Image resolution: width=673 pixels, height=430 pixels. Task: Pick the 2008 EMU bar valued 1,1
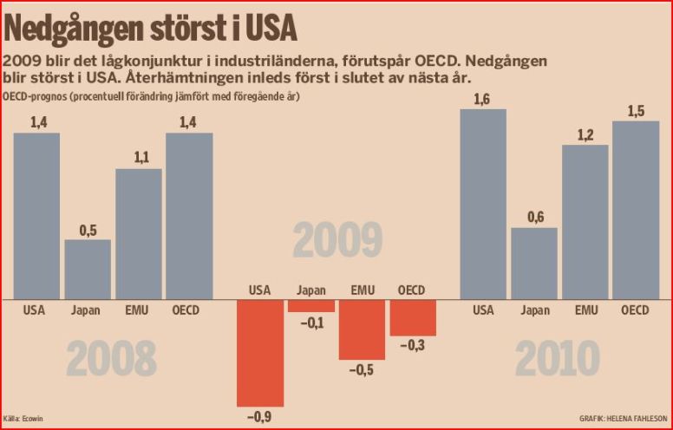click(x=139, y=233)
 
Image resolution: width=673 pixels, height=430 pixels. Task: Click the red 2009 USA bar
click(x=259, y=352)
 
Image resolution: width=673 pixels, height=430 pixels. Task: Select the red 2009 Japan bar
click(x=310, y=305)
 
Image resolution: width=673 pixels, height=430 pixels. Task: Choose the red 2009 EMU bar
click(x=362, y=329)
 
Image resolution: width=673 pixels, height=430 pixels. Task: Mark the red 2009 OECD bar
click(x=413, y=317)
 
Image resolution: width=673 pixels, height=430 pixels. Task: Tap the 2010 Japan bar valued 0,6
click(x=533, y=263)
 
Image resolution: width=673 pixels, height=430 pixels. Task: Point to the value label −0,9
click(x=259, y=417)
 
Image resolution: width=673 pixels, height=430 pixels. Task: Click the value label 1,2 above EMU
click(x=585, y=134)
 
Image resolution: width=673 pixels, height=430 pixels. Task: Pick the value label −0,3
click(x=413, y=346)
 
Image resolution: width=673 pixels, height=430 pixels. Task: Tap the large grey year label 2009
click(x=337, y=240)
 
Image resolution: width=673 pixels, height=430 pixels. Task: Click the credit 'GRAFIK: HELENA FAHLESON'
click(x=624, y=417)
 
